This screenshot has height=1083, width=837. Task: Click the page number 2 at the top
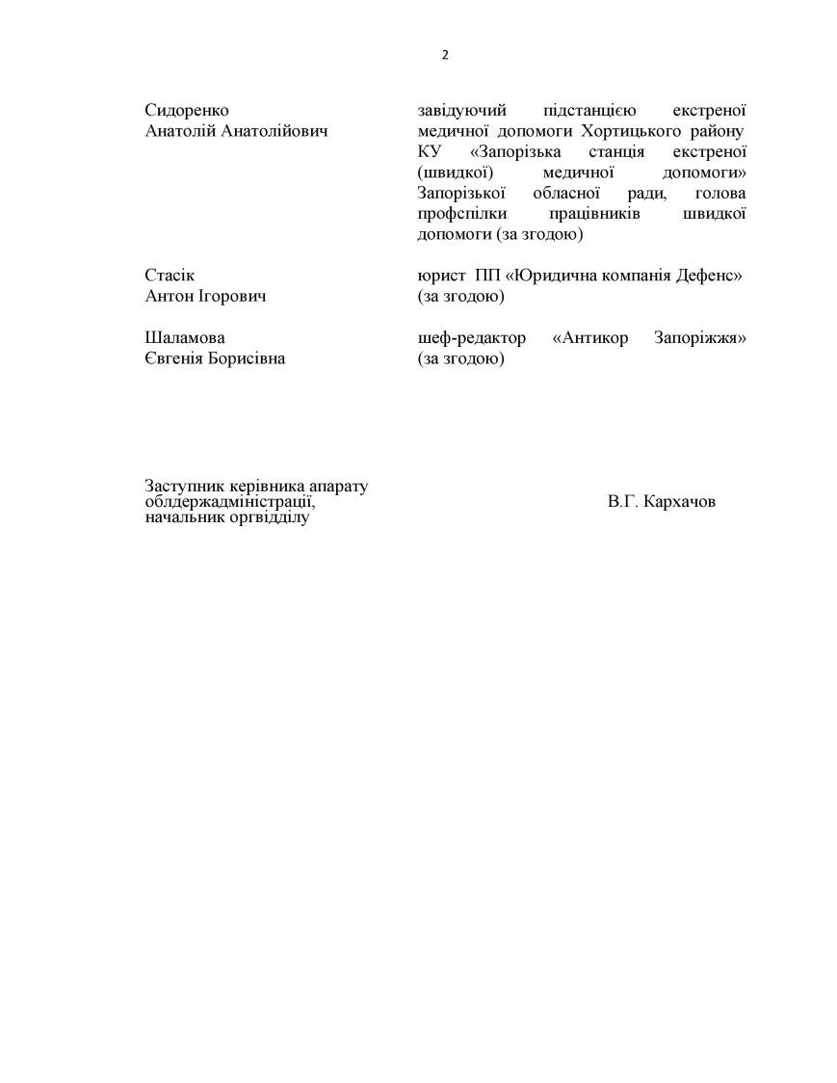click(445, 55)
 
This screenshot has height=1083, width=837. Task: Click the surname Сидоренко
click(187, 111)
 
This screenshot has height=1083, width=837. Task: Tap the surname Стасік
click(169, 276)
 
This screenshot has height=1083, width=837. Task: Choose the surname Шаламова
click(184, 338)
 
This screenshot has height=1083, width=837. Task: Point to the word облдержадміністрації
click(229, 502)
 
